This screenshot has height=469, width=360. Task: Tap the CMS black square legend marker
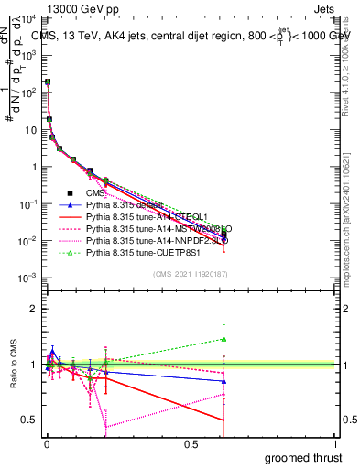tap(70, 193)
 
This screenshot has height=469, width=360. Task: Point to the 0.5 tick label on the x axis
tap(191, 443)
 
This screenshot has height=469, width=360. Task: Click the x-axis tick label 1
tap(334, 443)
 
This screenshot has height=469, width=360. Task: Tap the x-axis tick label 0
tap(47, 443)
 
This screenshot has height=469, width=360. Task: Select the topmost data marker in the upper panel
tap(48, 82)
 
